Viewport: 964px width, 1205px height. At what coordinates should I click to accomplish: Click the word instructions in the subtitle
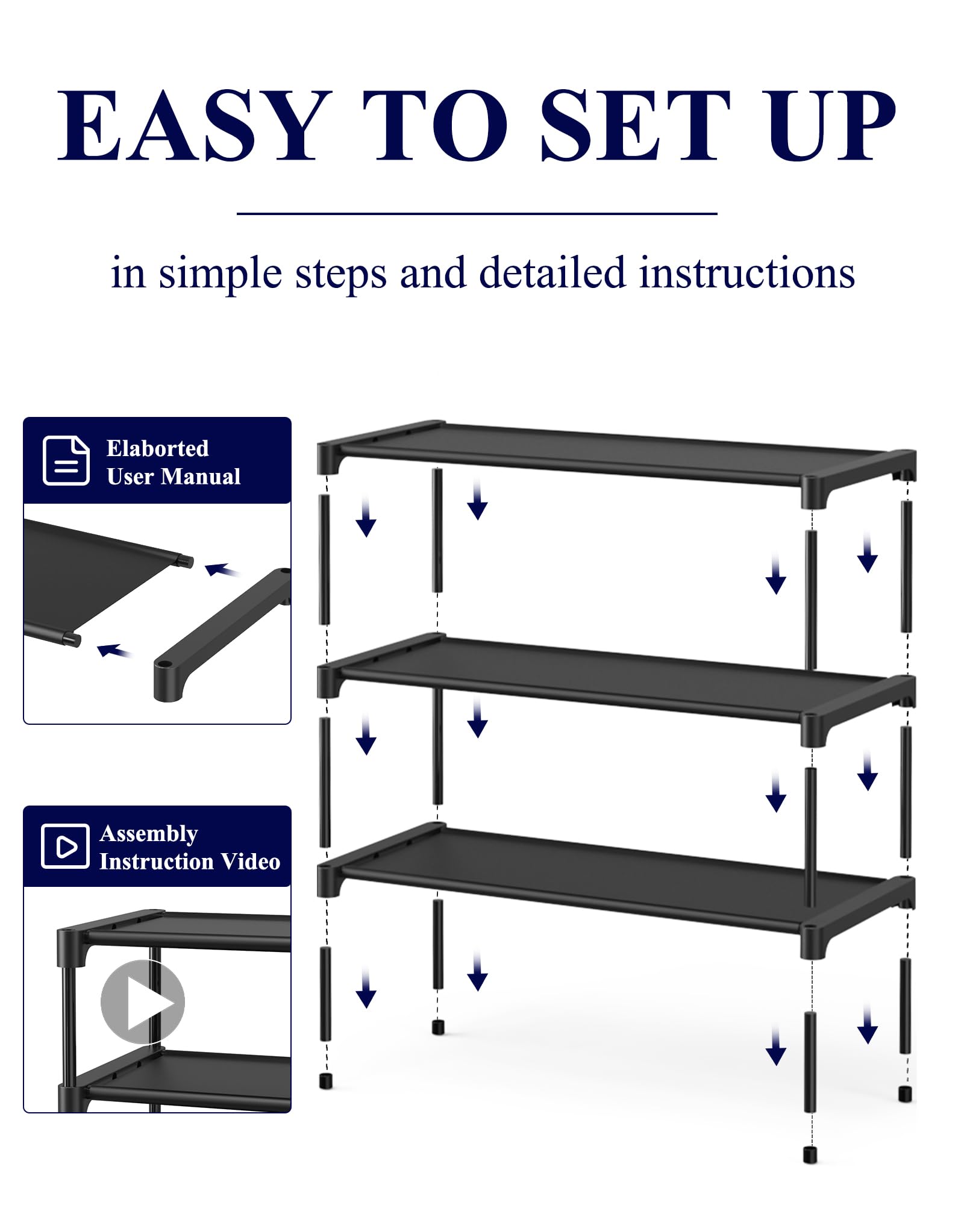746,273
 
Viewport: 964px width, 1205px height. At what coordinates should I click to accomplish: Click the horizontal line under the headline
477,213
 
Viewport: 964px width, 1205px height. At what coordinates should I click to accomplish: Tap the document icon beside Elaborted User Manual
66,461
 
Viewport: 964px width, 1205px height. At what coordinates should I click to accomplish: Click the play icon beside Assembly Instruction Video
65,846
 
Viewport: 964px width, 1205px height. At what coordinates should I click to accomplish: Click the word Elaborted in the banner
157,448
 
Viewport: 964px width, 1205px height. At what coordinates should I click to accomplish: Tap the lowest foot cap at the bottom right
810,1154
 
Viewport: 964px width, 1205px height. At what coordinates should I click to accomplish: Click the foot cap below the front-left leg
326,1081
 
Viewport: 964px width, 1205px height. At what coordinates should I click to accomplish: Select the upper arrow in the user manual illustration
221,569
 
